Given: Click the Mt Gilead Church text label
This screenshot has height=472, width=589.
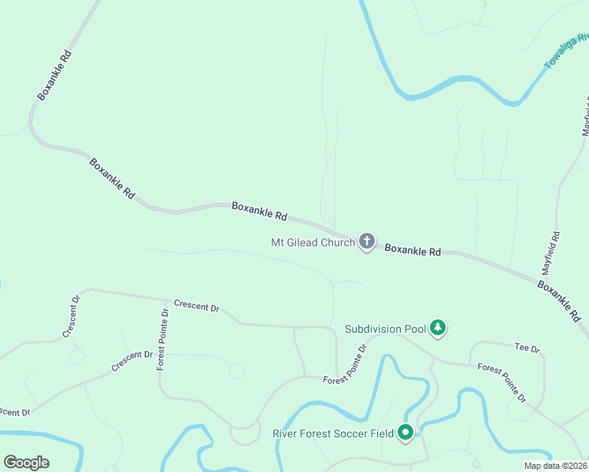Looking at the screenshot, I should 313,242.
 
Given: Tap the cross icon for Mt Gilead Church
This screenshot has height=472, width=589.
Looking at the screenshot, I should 366,242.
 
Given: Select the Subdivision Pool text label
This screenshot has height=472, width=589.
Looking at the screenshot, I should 385,329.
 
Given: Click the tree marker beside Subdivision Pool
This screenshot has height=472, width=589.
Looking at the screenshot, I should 438,327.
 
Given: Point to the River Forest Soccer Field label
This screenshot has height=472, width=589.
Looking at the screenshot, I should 334,433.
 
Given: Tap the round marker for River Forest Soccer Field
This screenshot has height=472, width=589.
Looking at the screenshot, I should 406,432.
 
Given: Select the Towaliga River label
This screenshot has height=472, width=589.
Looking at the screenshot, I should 567,50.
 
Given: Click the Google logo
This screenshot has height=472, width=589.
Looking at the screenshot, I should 26,463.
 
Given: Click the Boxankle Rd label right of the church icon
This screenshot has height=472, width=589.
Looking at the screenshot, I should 413,249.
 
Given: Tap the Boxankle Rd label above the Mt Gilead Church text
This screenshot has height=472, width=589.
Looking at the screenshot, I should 259,210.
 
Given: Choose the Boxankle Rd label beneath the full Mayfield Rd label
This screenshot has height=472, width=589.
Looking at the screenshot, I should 559,301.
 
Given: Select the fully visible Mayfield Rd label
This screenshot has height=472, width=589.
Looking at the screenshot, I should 556,251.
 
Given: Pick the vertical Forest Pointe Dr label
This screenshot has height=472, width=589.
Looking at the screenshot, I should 163,338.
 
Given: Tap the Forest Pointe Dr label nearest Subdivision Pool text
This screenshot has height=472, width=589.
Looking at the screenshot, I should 346,364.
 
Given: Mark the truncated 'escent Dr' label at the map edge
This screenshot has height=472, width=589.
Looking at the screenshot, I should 14,411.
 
